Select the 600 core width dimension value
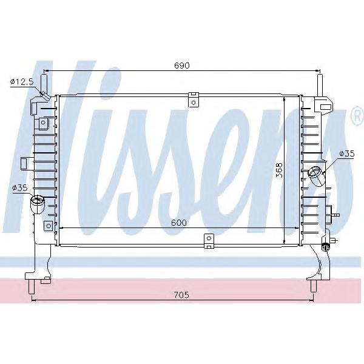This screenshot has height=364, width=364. tap(178, 222)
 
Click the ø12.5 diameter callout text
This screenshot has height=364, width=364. tap(22, 81)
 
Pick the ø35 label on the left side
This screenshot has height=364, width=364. tap(19, 188)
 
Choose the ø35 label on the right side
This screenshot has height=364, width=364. tap(346, 153)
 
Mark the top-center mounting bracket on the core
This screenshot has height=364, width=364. tap(193, 99)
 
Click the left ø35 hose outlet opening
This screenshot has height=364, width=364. tap(38, 202)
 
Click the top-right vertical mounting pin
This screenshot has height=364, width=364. tap(320, 82)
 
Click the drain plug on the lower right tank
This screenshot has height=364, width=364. tap(328, 246)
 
